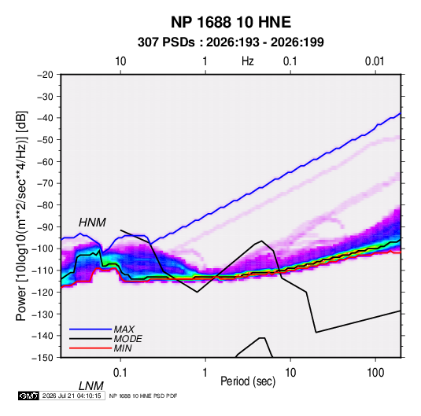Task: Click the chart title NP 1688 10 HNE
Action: click(x=231, y=22)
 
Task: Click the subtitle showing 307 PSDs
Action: click(x=231, y=42)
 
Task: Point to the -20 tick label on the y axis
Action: click(x=45, y=75)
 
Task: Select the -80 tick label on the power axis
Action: click(x=45, y=205)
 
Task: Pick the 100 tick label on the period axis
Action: click(x=375, y=373)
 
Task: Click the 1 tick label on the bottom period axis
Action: click(x=205, y=373)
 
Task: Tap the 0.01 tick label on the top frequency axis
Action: click(x=375, y=61)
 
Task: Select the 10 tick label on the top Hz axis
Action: click(x=120, y=61)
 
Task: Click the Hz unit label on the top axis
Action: click(x=248, y=61)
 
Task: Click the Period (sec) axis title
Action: click(x=248, y=381)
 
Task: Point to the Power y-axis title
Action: click(x=21, y=215)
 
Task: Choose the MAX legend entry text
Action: click(x=124, y=329)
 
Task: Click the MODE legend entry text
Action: click(x=127, y=339)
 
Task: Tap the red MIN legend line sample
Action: click(x=90, y=348)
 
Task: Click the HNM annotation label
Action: click(x=92, y=223)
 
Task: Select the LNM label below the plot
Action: click(x=91, y=386)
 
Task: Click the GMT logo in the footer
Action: click(x=28, y=396)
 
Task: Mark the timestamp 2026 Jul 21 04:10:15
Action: click(x=72, y=396)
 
